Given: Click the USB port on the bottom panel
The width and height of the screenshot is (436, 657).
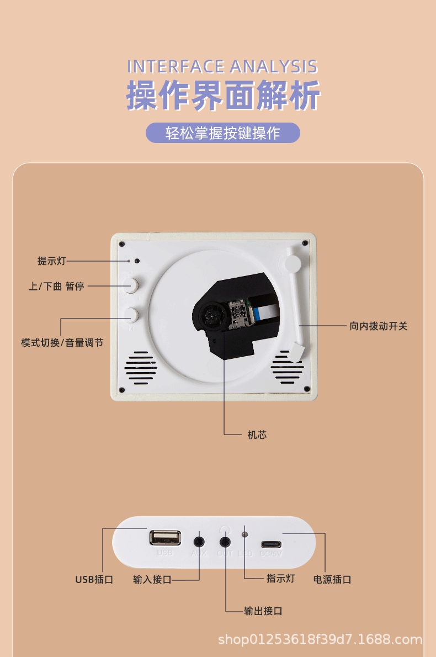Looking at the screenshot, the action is pyautogui.click(x=164, y=537).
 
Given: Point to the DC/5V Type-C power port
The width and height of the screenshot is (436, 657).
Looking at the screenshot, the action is pyautogui.click(x=271, y=543).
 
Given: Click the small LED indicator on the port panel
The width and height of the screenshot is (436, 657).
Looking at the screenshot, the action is pyautogui.click(x=245, y=534).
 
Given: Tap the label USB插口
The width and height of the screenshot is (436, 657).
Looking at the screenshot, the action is pyautogui.click(x=94, y=579).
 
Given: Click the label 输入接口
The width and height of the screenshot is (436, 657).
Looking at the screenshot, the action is pyautogui.click(x=152, y=579).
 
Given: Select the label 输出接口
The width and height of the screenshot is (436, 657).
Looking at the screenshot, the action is pyautogui.click(x=263, y=611).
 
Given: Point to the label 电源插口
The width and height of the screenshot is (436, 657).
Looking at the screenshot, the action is pyautogui.click(x=332, y=579).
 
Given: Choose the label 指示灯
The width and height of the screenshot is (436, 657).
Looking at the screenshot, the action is pyautogui.click(x=281, y=578).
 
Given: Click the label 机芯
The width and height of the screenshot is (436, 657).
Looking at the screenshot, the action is pyautogui.click(x=257, y=435).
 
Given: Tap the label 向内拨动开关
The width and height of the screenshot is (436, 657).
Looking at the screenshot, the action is pyautogui.click(x=379, y=326).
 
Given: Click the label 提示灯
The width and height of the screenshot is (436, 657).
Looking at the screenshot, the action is pyautogui.click(x=51, y=261).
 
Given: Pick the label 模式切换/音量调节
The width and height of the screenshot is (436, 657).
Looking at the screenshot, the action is pyautogui.click(x=62, y=343).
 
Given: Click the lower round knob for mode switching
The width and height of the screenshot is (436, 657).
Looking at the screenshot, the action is pyautogui.click(x=132, y=315).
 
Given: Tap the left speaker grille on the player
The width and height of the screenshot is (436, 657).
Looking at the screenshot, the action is pyautogui.click(x=139, y=368).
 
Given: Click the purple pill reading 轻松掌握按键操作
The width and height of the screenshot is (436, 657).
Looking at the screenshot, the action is pyautogui.click(x=223, y=133).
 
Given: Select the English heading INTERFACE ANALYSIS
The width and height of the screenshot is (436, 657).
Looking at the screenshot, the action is pyautogui.click(x=223, y=67).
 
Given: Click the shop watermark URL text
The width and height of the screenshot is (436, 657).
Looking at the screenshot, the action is pyautogui.click(x=320, y=639).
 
